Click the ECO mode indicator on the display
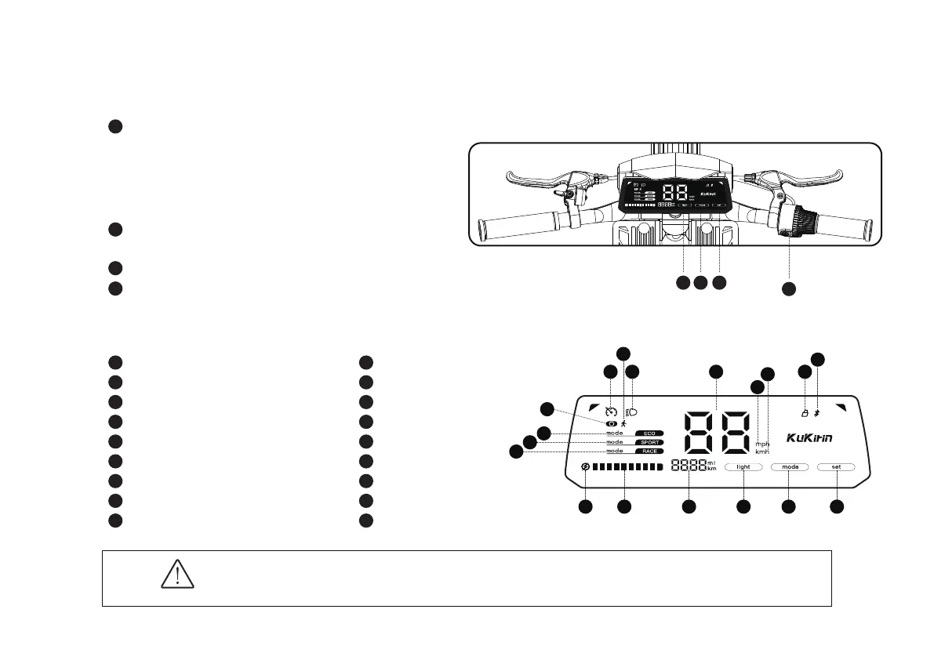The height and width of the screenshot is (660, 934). (649, 433)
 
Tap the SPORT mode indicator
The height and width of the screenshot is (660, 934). (649, 442)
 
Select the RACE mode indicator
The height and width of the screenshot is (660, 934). (649, 451)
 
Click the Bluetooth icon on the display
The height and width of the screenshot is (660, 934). (816, 412)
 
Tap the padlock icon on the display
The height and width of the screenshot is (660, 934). (804, 412)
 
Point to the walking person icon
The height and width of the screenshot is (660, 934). (623, 423)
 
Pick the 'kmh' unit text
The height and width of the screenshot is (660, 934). (762, 452)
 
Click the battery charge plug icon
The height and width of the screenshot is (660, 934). (585, 467)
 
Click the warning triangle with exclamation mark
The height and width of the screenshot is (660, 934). (177, 576)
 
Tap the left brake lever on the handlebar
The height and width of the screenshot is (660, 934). (533, 179)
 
